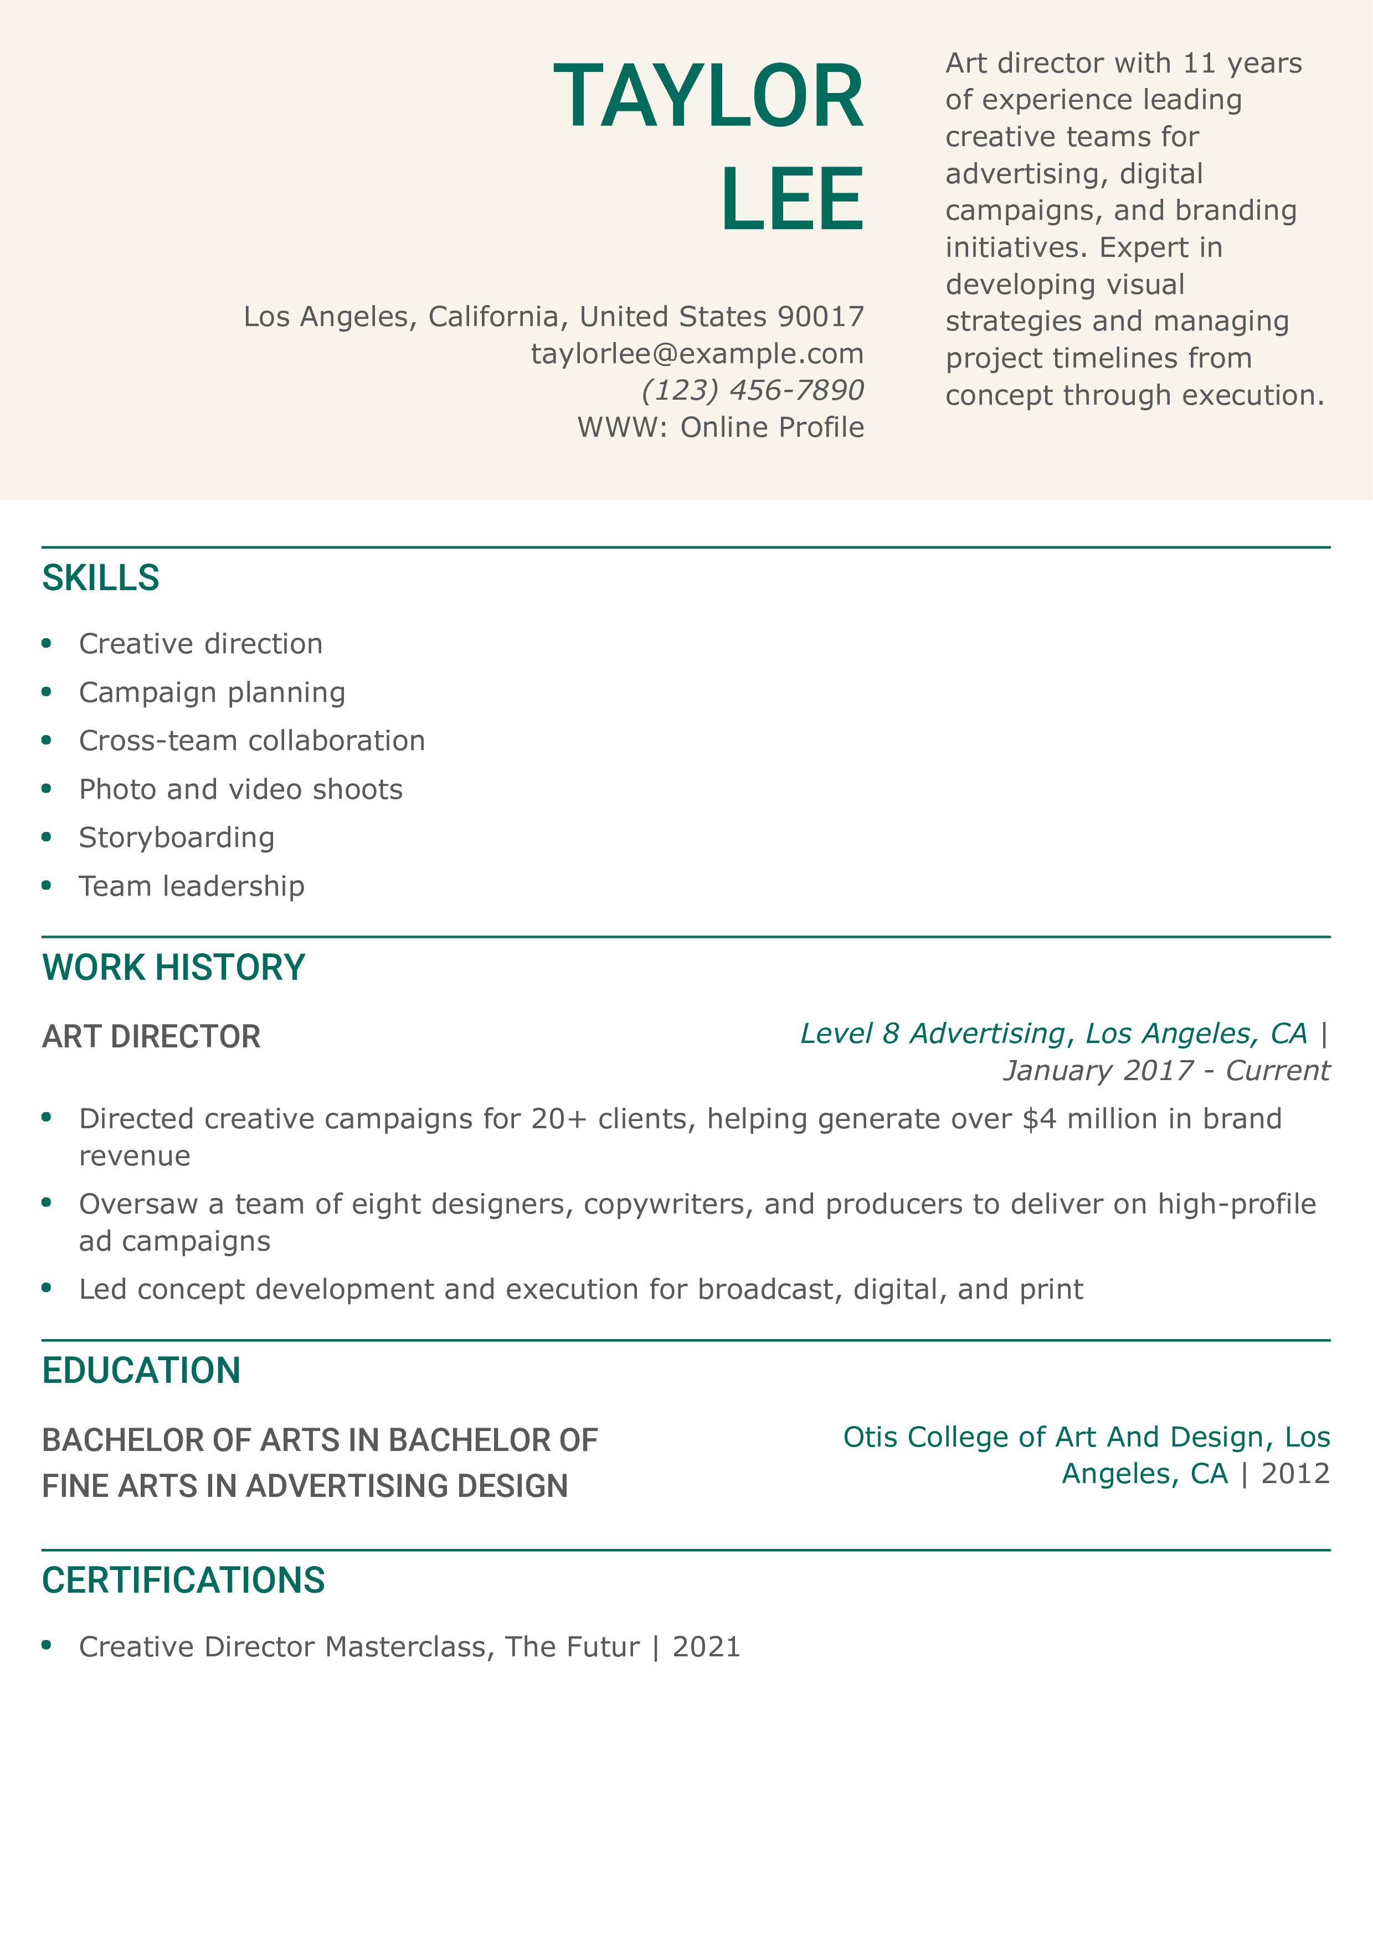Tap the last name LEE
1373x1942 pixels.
[x=792, y=200]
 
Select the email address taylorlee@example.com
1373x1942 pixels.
[x=697, y=354]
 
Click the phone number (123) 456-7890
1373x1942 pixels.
[x=752, y=390]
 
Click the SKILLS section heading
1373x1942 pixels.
[x=101, y=579]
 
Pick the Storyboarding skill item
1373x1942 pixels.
[x=176, y=838]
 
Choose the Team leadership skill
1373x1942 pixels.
[x=191, y=886]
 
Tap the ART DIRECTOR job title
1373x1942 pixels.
[x=151, y=1037]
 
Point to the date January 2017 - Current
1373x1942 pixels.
[x=1166, y=1071]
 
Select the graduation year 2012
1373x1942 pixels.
[x=1295, y=1474]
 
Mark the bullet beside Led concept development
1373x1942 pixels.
[x=47, y=1289]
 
